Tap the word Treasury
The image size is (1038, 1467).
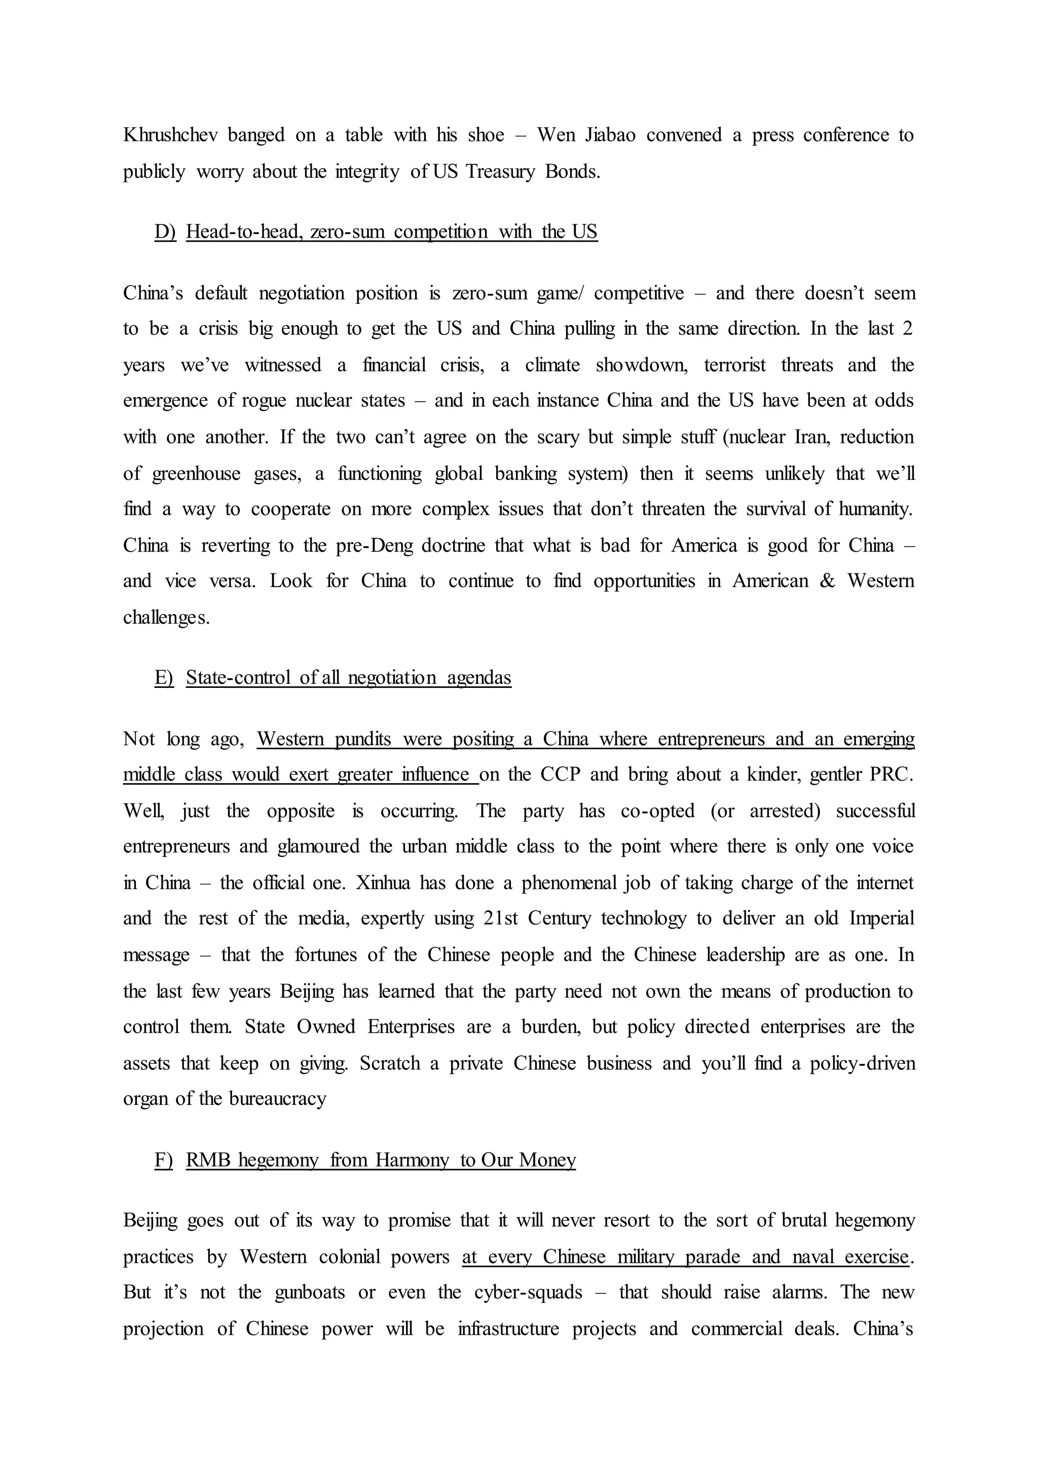point(500,172)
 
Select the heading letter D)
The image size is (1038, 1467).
point(165,231)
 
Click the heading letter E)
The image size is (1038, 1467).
point(164,677)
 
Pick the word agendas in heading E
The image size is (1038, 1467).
point(479,677)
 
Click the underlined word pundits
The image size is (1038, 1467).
point(362,739)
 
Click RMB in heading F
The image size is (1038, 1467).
point(208,1160)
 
